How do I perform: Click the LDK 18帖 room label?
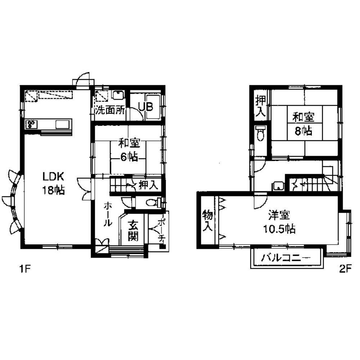54,183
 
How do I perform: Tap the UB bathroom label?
146,107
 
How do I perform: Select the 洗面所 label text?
110,110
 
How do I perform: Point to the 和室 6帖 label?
129,150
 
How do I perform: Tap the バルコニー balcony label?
285,258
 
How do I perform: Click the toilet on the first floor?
153,203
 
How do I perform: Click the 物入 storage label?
206,221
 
